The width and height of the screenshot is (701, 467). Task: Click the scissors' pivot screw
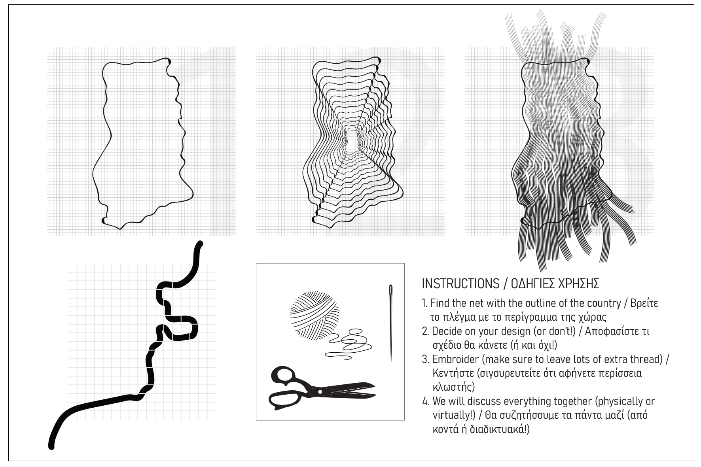(x=320, y=391)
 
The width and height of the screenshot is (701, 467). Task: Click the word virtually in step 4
(x=446, y=416)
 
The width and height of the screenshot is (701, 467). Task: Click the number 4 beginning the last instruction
(x=425, y=402)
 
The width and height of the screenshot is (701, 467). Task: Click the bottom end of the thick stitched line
(x=51, y=446)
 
